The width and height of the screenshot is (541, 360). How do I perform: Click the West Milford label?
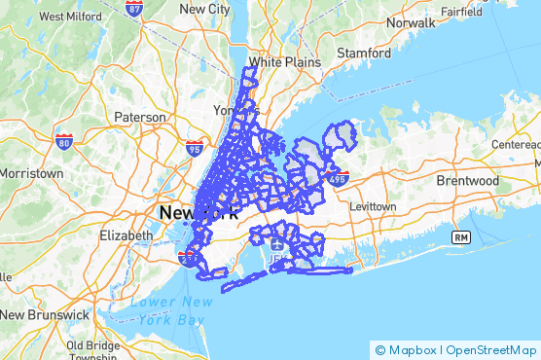pyautogui.click(x=70, y=17)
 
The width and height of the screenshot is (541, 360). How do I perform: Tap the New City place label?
pyautogui.click(x=205, y=8)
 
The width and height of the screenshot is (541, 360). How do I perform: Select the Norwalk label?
pyautogui.click(x=410, y=21)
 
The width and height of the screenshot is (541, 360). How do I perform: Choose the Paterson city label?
pyautogui.click(x=140, y=117)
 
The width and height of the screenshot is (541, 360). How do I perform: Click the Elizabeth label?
pyautogui.click(x=126, y=235)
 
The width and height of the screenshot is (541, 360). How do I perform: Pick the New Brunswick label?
pyautogui.click(x=40, y=315)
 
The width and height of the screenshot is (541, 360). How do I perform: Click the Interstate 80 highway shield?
pyautogui.click(x=64, y=142)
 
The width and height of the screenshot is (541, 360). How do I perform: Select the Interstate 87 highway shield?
pyautogui.click(x=134, y=9)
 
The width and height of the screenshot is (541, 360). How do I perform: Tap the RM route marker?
pyautogui.click(x=460, y=237)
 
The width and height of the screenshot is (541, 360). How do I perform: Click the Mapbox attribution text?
pyautogui.click(x=412, y=349)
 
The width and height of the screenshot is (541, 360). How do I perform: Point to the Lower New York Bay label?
pyautogui.click(x=170, y=310)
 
